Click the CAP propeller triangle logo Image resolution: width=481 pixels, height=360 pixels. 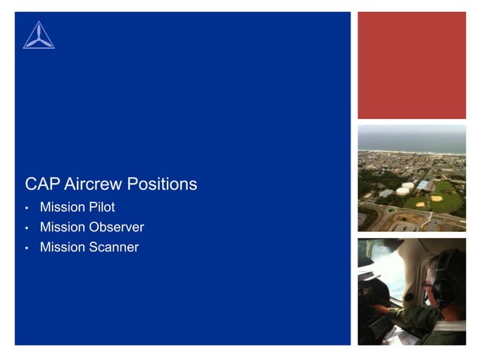click(38, 35)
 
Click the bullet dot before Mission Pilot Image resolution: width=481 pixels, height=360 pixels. click(26, 208)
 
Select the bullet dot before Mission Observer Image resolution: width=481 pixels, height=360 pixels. click(26, 227)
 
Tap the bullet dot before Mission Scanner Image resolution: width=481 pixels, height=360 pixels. click(26, 248)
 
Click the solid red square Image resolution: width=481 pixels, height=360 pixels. click(412, 66)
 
